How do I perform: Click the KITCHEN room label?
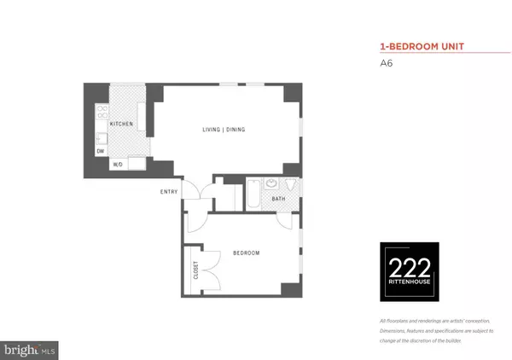coord(121,124)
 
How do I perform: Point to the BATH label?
coord(279,199)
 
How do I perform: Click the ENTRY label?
coord(169,191)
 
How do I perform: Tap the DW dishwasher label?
coord(101,152)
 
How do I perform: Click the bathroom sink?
coord(272,183)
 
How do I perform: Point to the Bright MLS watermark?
coord(31,349)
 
